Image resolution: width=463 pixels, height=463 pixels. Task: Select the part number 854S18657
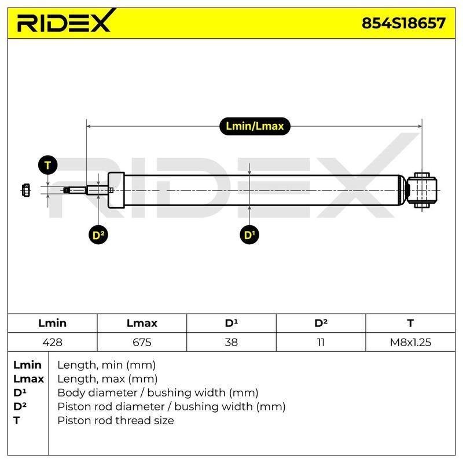pos(403,23)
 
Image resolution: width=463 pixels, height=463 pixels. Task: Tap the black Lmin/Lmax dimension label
pos(255,126)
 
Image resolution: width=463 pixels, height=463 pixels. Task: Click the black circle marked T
pos(48,165)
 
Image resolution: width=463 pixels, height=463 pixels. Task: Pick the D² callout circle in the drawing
pos(98,235)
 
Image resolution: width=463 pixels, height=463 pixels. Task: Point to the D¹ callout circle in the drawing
pos(249,235)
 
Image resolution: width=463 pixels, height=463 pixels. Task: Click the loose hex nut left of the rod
pos(25,190)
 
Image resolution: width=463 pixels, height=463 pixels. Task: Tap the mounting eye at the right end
pos(422,190)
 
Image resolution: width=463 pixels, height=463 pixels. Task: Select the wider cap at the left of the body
pos(116,190)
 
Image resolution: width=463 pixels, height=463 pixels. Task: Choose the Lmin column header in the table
pos(52,323)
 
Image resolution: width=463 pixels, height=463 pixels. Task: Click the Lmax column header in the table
pos(142,323)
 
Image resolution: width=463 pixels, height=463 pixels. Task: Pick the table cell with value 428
pos(52,342)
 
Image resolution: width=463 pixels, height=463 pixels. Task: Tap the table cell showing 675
pos(142,342)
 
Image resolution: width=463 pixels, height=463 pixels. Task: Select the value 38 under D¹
pos(231,342)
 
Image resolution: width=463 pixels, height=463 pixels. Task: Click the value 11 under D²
pos(321,342)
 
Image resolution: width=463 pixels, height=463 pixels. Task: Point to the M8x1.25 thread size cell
pos(410,342)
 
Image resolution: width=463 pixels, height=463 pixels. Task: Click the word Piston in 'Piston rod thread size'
pos(75,420)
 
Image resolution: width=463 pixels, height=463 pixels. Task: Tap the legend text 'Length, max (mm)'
pos(108,379)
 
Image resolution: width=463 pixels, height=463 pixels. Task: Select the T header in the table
pos(410,323)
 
